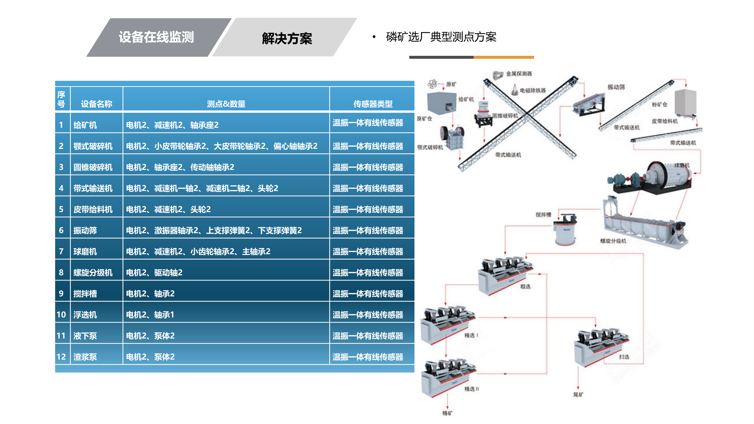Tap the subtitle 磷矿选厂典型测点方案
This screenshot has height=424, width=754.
click(x=441, y=37)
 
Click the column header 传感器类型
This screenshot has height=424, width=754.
click(x=373, y=104)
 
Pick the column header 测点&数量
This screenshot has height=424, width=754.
click(x=226, y=104)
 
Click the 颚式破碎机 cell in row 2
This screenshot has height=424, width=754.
click(x=93, y=146)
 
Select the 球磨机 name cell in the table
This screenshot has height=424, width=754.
click(x=85, y=251)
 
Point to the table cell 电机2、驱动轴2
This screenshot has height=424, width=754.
click(x=154, y=273)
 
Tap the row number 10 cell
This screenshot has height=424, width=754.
click(x=61, y=314)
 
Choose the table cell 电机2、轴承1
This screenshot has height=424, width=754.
click(x=150, y=314)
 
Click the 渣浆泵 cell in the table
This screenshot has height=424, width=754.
click(x=85, y=357)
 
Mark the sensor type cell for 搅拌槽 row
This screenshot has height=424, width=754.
click(x=368, y=294)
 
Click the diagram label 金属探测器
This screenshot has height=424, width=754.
click(x=519, y=74)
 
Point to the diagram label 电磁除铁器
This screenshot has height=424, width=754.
click(x=533, y=90)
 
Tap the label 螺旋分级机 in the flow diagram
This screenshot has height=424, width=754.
click(x=613, y=241)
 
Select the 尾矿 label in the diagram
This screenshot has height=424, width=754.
click(x=578, y=395)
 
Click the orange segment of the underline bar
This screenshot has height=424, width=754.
click(x=504, y=57)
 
